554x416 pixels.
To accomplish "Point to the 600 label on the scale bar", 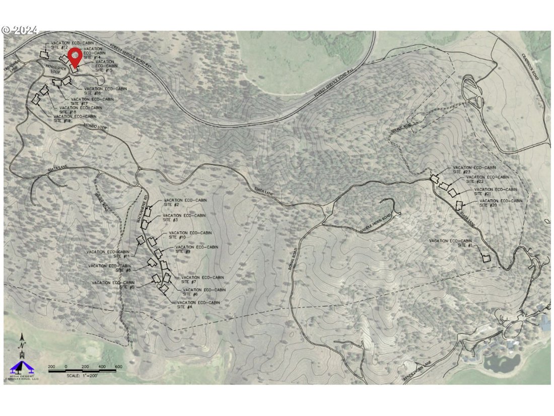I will pos(119,366).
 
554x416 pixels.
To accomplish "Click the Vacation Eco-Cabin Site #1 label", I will pos(451,243).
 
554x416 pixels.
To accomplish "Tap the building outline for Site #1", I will pos(487,258).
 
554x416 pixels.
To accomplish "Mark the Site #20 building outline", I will pos(459,205).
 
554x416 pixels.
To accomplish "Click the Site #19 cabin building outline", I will pos(36,99).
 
